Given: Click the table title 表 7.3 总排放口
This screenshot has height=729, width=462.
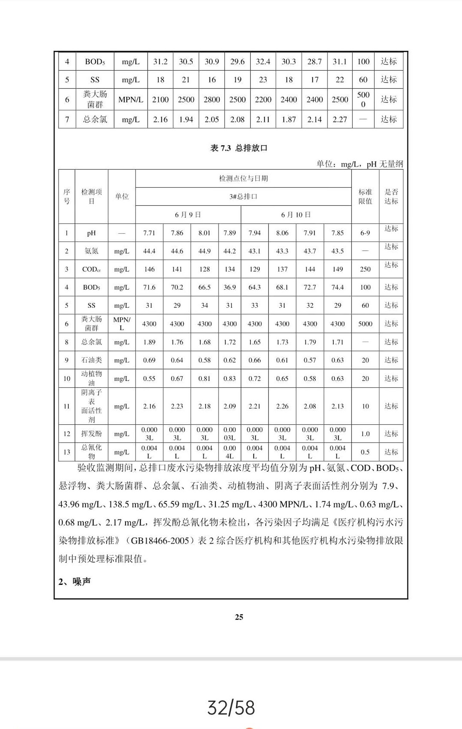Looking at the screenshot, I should pos(239,148).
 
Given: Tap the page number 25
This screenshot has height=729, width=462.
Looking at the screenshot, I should pos(239,617).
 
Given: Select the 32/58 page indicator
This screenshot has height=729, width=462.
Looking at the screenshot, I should pos(231,707).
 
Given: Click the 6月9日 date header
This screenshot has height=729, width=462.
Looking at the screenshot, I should pos(188,215).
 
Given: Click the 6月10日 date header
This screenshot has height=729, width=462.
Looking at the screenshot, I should pos(296,215).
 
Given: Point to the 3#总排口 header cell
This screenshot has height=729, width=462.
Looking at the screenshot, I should pos(243,197).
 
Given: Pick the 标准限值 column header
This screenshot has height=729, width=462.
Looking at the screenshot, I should pos(365,197).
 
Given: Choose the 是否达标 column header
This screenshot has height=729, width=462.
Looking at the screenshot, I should pos(391,197).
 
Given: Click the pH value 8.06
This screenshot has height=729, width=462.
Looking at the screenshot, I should pos(282,233).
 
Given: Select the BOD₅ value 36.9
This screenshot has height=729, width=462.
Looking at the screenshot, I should pos(230,287).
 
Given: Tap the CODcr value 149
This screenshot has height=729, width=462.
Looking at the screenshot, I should pos(338,269).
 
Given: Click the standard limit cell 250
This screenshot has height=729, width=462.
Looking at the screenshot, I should pos(365,269).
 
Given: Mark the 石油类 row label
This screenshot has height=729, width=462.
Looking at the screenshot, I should pos(92,360).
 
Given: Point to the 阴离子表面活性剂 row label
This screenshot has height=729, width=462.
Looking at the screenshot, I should pos(92,406).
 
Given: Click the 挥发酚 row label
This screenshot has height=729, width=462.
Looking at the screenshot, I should pos(92,434).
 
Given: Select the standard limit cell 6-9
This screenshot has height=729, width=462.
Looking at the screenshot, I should pos(365,233).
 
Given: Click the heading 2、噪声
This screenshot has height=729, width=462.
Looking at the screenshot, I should pos(74,582).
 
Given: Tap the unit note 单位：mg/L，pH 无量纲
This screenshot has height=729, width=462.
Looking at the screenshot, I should pos(360,164).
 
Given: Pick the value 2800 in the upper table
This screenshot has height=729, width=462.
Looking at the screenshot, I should pos(212,99).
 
